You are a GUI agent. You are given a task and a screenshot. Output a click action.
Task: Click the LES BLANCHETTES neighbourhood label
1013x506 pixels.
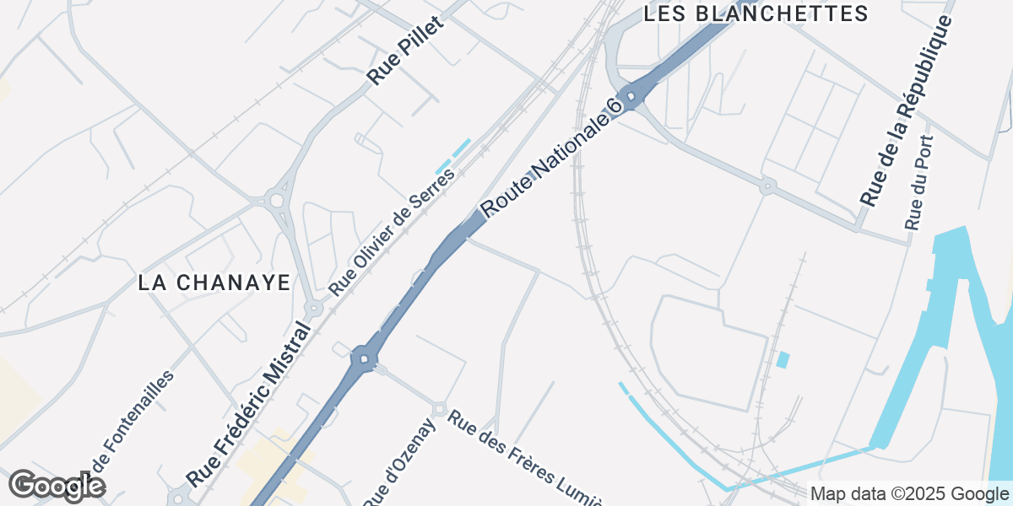(x=756, y=13)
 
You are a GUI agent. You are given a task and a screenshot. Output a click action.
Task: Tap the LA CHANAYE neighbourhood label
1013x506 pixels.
(x=214, y=283)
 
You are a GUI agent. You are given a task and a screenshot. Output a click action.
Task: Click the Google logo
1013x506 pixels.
(x=57, y=487)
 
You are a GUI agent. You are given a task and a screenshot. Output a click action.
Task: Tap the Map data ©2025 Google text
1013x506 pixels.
(x=909, y=493)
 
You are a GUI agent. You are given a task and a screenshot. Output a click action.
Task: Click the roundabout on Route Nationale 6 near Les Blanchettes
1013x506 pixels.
(x=630, y=95)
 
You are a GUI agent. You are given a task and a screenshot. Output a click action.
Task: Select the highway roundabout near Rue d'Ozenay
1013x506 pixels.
(x=364, y=359)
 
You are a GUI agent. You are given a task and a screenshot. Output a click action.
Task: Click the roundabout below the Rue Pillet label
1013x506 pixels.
(x=275, y=201)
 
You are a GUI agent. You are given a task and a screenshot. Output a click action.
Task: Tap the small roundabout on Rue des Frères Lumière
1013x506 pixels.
(x=439, y=409)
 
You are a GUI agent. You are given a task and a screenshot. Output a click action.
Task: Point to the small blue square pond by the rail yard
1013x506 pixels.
(x=783, y=360)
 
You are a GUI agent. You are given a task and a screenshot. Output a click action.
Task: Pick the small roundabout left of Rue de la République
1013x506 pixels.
(x=767, y=186)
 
